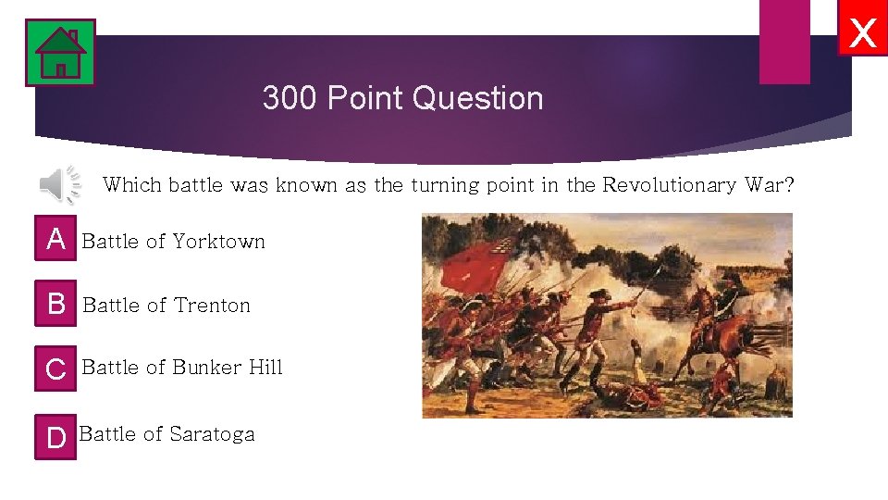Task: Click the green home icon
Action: click(60, 53)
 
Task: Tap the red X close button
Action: click(862, 34)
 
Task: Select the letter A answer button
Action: click(56, 240)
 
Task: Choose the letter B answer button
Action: click(56, 304)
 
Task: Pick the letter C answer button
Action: click(56, 369)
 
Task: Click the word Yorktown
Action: click(218, 242)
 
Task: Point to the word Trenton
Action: click(212, 306)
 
